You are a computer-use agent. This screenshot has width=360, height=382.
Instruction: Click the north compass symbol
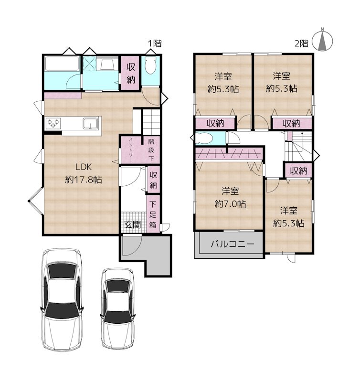coord(322,40)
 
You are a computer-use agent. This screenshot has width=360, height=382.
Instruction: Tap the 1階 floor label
coord(155,43)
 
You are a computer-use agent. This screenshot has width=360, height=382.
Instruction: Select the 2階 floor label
coord(301,43)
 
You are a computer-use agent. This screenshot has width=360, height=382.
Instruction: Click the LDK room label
coord(83,167)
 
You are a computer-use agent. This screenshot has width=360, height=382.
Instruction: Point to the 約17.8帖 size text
coord(84,180)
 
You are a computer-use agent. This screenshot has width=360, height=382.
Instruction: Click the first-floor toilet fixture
coord(150,66)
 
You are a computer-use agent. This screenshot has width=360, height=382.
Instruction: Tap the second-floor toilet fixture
coord(204,138)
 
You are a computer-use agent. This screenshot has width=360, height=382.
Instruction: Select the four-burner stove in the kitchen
coord(53,123)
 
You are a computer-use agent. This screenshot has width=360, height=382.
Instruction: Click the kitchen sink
coord(90,123)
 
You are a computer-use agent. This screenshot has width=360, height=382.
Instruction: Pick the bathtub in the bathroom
coord(62,64)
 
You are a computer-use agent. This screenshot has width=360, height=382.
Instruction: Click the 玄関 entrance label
coord(133,224)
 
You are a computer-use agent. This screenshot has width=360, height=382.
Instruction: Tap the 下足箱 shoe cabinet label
coord(153,214)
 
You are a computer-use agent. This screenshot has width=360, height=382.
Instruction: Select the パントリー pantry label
coord(130,150)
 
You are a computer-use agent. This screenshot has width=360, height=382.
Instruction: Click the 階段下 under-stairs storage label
coord(151,150)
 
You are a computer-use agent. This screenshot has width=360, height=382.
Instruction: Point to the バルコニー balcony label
coord(233,244)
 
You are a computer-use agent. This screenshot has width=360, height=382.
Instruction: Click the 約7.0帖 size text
coord(230,204)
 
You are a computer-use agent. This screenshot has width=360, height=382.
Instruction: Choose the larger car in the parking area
coord(62,299)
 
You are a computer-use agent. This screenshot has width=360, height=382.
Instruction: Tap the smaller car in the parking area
coord(117,308)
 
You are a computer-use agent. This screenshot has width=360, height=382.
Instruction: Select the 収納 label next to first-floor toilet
coord(131,74)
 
